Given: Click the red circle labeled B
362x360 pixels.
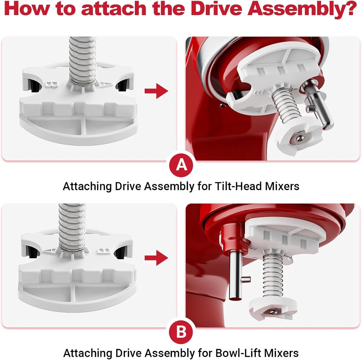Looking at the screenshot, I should [x=181, y=332].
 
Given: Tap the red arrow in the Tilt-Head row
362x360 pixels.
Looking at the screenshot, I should [x=156, y=92].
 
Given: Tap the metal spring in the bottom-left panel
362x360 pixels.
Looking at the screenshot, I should [x=72, y=226].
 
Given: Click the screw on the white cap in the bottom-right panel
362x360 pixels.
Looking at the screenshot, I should [x=273, y=311].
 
